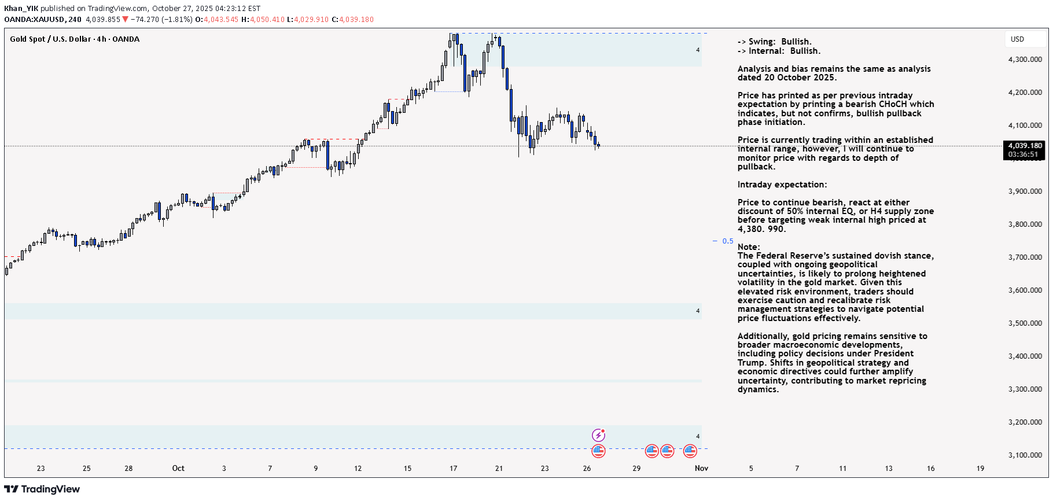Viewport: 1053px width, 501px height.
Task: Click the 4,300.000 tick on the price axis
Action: (1025, 60)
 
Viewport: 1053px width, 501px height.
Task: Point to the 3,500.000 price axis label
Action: (1025, 323)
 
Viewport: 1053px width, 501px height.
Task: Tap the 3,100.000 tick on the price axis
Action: (1025, 455)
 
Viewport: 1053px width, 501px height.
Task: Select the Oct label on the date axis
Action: (178, 469)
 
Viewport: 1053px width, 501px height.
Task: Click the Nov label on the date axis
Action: (701, 469)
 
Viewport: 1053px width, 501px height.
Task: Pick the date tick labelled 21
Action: (499, 469)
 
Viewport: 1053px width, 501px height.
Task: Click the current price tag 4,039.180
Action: (1025, 146)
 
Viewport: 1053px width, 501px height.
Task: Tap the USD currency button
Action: (1017, 39)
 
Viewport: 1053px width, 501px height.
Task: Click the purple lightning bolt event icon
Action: (598, 435)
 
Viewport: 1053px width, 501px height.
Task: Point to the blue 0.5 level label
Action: (727, 241)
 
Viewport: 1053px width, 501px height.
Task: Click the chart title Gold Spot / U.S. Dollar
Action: (50, 39)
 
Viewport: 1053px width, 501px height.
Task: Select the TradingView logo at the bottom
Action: (42, 489)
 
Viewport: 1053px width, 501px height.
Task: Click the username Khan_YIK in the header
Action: (21, 9)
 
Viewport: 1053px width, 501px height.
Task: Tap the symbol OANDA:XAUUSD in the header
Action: (34, 20)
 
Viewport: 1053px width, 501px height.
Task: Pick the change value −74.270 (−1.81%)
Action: (161, 20)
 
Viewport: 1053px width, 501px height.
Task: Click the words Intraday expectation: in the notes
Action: (782, 185)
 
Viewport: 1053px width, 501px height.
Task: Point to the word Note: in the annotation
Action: (748, 247)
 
